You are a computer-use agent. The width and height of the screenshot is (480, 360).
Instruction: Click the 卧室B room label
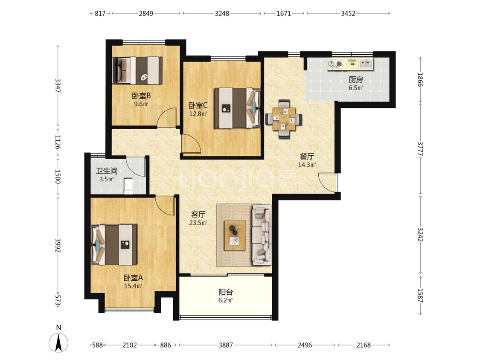click(x=141, y=96)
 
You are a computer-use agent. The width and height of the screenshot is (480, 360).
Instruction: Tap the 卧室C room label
click(x=198, y=106)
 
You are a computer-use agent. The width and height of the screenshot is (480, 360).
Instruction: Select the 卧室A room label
click(x=133, y=278)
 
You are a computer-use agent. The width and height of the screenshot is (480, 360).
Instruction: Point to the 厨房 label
click(x=356, y=80)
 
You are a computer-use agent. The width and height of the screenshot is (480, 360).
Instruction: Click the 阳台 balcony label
click(x=226, y=292)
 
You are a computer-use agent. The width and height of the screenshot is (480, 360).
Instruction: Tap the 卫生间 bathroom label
click(x=107, y=171)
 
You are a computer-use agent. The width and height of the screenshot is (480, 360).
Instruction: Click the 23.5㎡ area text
click(x=198, y=223)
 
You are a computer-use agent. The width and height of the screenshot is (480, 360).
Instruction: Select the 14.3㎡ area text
click(x=307, y=165)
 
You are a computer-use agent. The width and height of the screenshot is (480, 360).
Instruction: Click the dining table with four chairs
click(x=284, y=119)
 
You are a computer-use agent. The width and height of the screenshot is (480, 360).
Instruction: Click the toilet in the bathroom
click(x=128, y=186)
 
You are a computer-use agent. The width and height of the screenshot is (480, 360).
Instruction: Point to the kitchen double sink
click(x=366, y=64)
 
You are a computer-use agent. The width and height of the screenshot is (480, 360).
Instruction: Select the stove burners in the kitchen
click(x=335, y=64)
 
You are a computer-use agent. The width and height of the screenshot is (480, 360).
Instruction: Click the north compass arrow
click(x=59, y=342)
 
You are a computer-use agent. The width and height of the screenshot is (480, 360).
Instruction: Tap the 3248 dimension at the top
click(x=222, y=14)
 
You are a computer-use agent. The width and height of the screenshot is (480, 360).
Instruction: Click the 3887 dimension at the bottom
click(x=226, y=345)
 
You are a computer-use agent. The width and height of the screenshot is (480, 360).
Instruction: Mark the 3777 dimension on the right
click(x=420, y=148)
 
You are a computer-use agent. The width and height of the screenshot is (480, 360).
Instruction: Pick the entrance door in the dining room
click(x=328, y=183)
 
